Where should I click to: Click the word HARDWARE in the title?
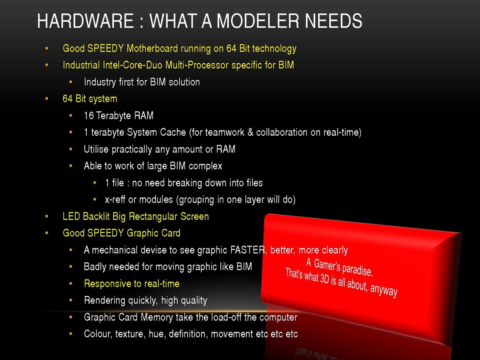(x=85, y=21)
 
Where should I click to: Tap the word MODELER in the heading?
(x=258, y=21)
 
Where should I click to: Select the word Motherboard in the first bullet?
(x=152, y=48)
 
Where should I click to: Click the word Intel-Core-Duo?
(x=133, y=65)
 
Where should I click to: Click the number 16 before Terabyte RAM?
(x=89, y=116)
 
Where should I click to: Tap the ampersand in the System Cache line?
(x=250, y=132)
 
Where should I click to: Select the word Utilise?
(x=96, y=149)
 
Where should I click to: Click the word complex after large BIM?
(x=205, y=166)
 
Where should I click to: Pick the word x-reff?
(x=115, y=200)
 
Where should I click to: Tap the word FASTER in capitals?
(x=248, y=250)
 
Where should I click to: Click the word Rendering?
(x=104, y=300)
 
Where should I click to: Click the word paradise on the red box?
(x=357, y=269)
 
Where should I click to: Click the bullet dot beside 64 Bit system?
(x=46, y=98)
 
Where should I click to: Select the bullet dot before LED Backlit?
(x=46, y=216)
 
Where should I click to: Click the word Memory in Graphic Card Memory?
(x=156, y=317)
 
